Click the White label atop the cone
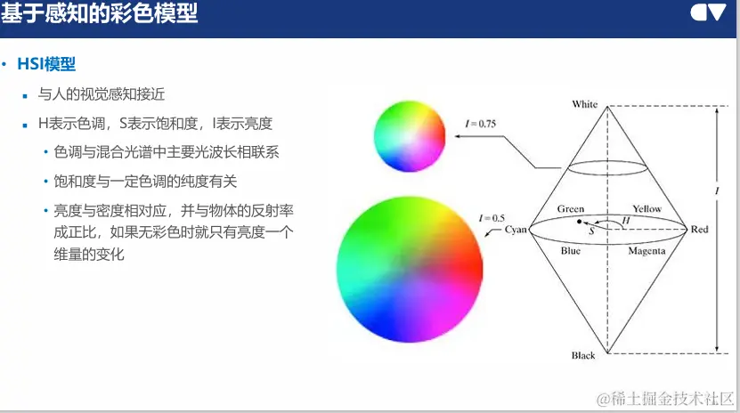pos(585,104)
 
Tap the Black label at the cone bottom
pos(583,355)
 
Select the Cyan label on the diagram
pos(516,230)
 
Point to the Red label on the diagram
pos(699,229)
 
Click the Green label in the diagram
pos(571,208)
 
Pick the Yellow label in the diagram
pos(647,208)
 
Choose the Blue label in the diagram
pos(571,251)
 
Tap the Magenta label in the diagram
pos(646,251)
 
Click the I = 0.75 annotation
pos(481,124)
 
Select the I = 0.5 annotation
pos(492,218)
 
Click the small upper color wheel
pos(410,136)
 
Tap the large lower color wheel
pos(410,269)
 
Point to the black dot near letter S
pos(580,221)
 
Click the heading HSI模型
pos(46,64)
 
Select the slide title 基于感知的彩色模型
pos(99,12)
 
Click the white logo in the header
pos(708,12)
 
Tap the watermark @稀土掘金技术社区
pos(665,399)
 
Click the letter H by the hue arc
pos(626,220)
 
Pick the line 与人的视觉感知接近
pos(102,94)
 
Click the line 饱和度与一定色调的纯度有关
pos(145,182)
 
